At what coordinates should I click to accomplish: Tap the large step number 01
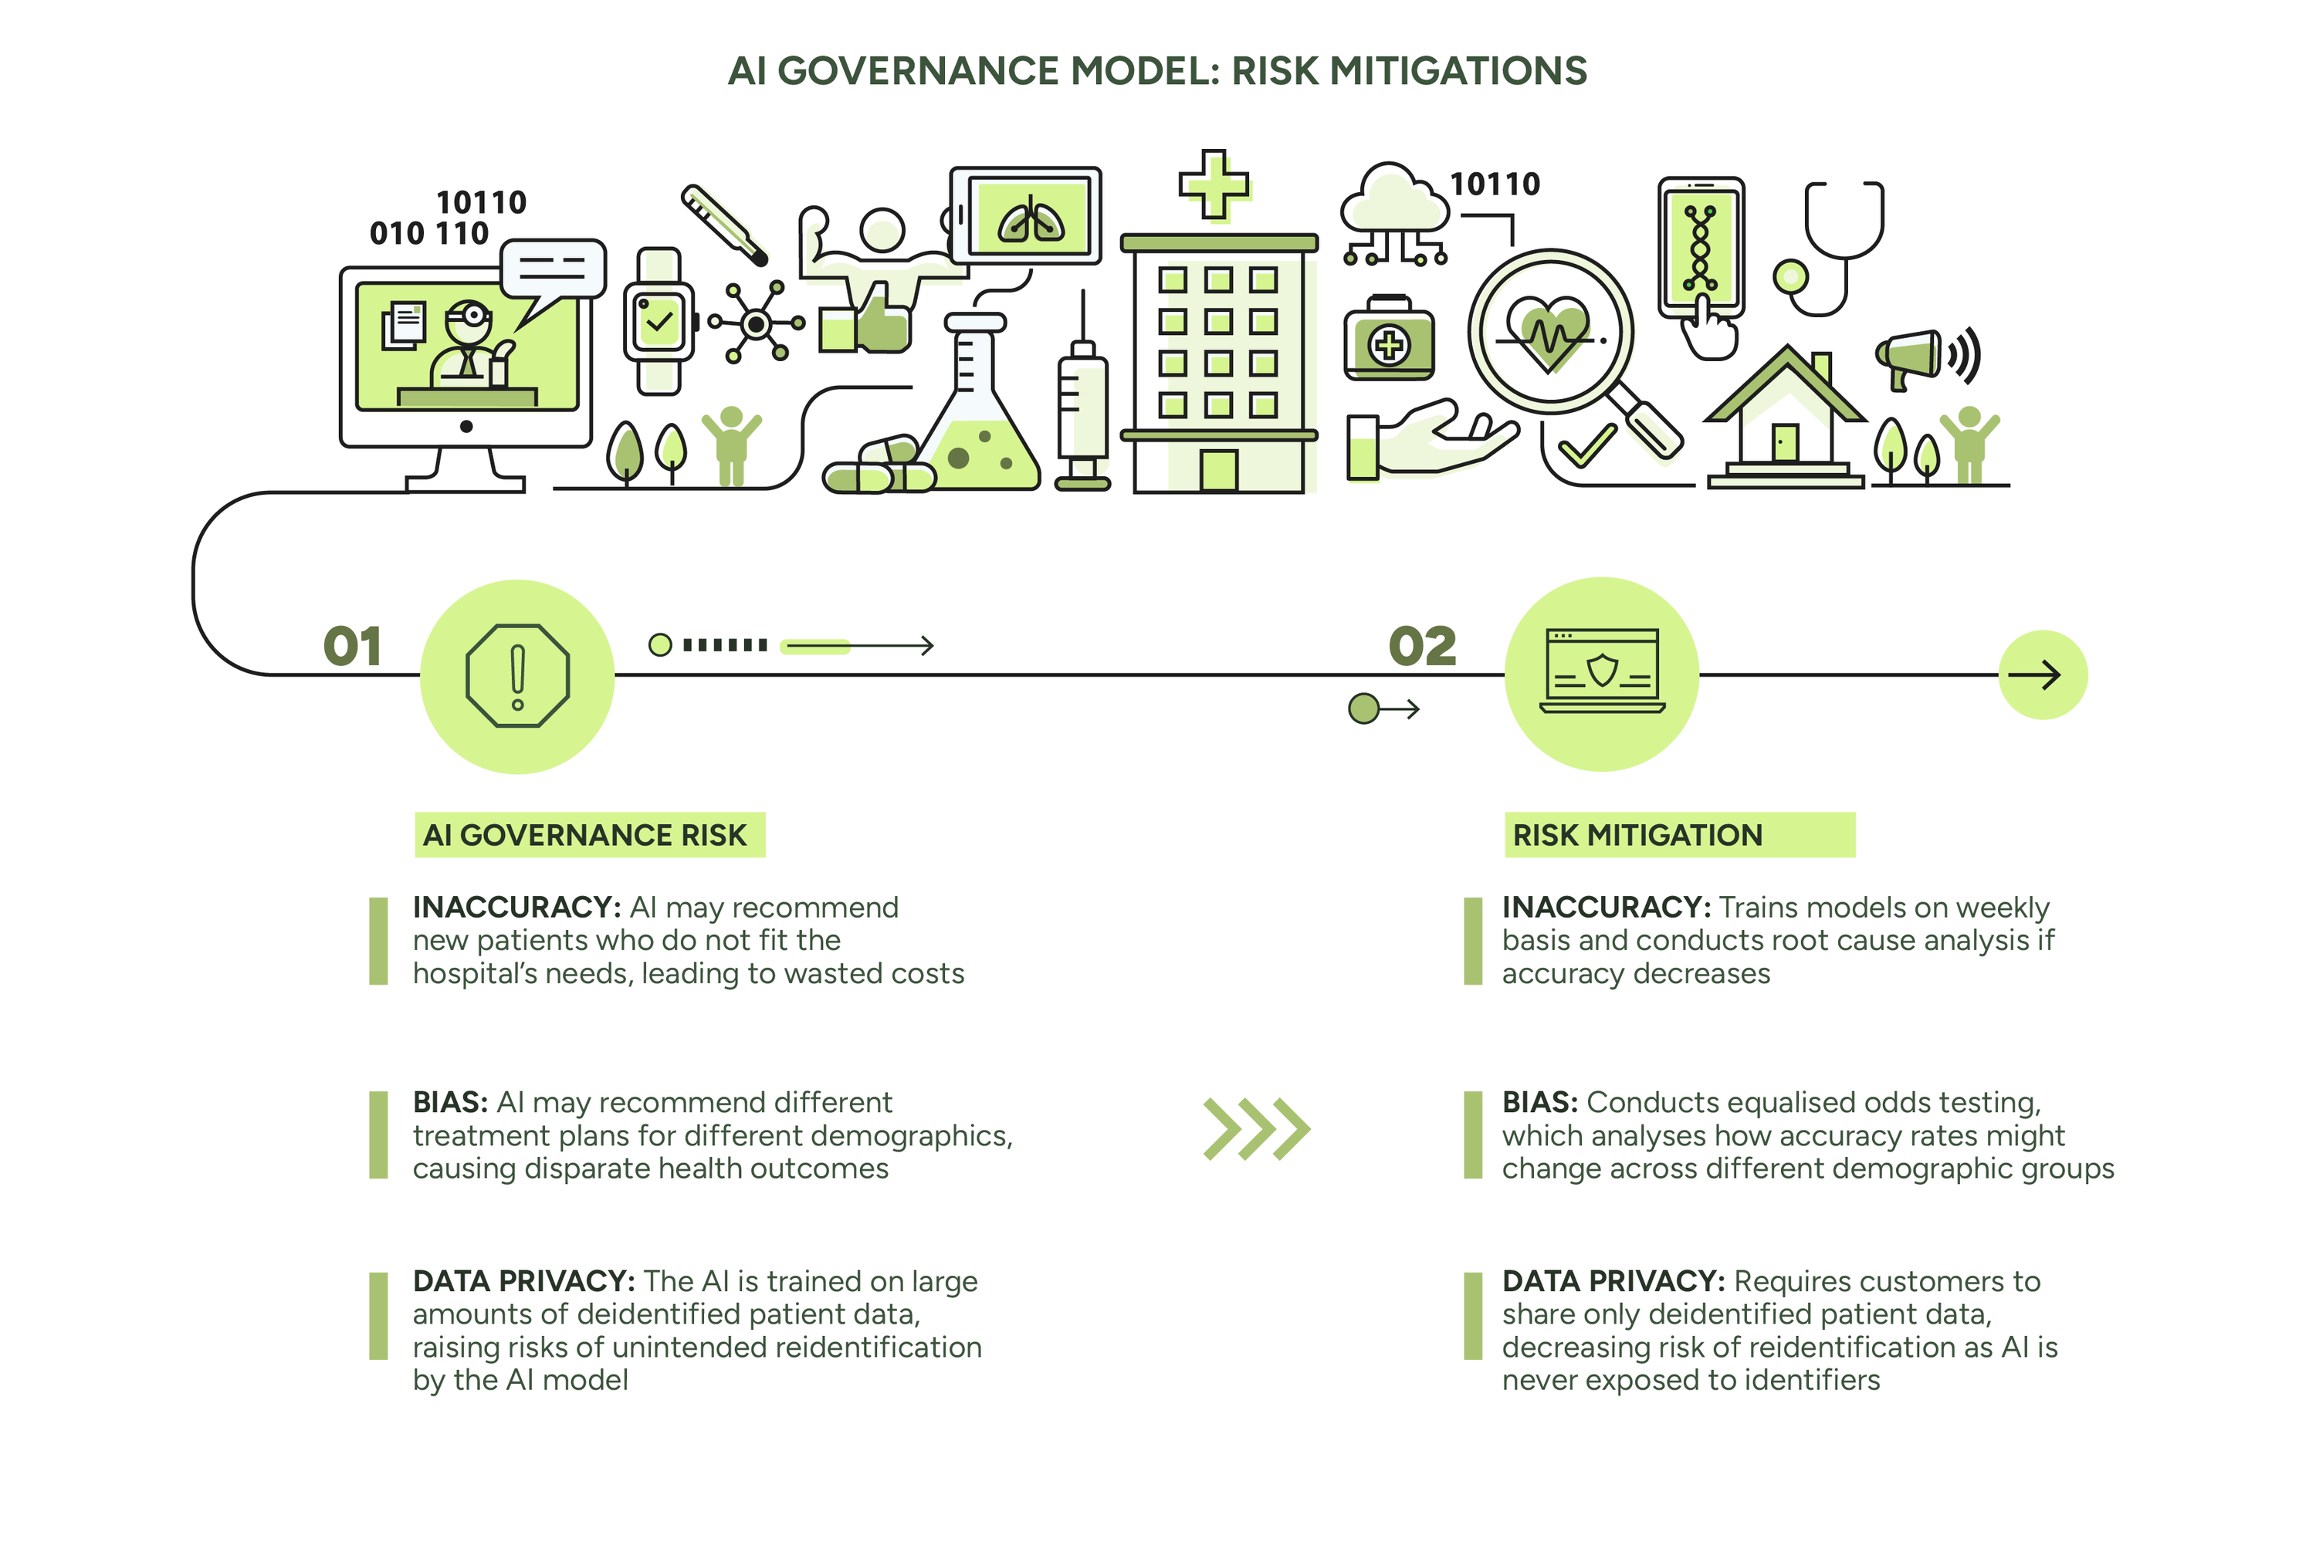[x=352, y=646]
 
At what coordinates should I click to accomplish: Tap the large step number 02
[x=1422, y=646]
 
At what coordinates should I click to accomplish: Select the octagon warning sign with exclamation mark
[x=517, y=675]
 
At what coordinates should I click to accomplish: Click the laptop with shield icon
[x=1601, y=671]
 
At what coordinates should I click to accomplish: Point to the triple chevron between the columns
[x=1257, y=1128]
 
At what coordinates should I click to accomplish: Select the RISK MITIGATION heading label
[x=1679, y=835]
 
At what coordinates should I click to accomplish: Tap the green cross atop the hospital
[x=1214, y=184]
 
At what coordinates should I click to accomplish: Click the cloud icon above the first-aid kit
[x=1393, y=198]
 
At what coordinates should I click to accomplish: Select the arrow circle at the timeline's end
[x=2043, y=675]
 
